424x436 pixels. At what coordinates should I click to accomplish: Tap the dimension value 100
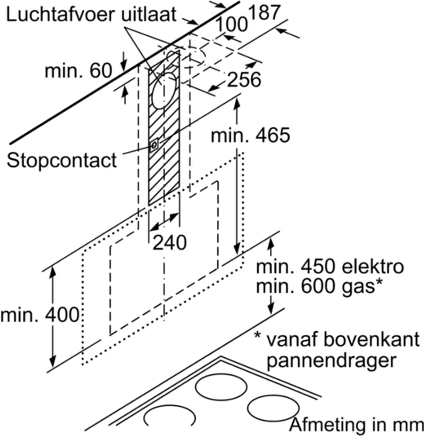[x=231, y=25]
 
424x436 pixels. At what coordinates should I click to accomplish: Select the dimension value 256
[x=243, y=80]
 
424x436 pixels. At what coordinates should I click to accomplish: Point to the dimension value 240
[x=169, y=243]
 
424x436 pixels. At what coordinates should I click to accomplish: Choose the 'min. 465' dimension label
[x=250, y=135]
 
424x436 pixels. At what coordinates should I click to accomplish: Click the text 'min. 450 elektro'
[x=329, y=267]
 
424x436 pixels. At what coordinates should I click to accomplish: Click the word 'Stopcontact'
[x=62, y=161]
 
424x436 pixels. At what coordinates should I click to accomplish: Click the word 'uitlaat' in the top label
[x=149, y=15]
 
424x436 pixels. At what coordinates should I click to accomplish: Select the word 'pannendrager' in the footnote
[x=329, y=361]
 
